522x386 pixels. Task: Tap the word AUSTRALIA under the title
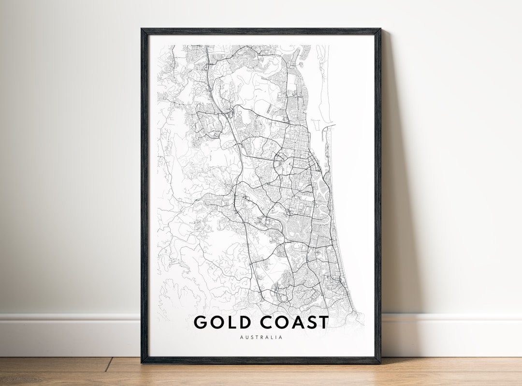[261, 337]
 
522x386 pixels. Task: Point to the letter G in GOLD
[202, 322]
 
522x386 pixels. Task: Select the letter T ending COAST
[323, 322]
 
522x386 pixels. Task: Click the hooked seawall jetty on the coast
[329, 127]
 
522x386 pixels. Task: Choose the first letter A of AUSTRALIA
[241, 337]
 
